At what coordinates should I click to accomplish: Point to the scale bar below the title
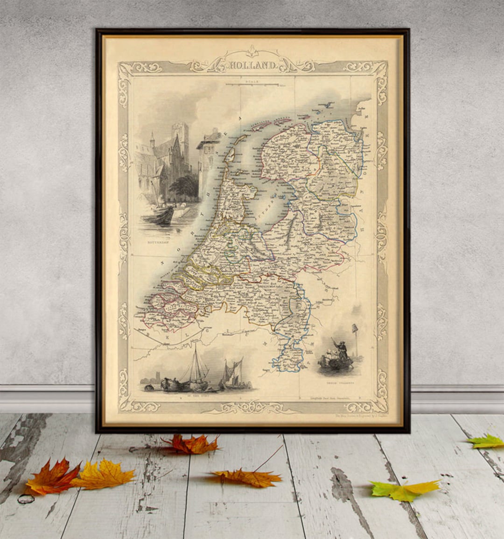(x=252, y=85)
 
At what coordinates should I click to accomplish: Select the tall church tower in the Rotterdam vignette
(x=180, y=140)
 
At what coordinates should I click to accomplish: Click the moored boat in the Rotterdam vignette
(x=159, y=214)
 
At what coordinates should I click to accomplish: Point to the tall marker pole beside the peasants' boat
(x=355, y=339)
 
